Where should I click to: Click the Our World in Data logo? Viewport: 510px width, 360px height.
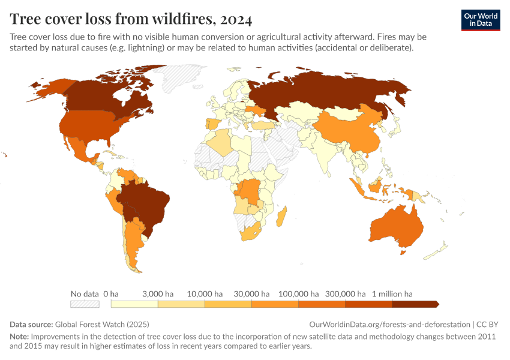tap(480, 20)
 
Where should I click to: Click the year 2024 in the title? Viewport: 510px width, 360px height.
tap(236, 19)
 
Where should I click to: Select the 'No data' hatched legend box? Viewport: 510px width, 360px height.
tap(84, 304)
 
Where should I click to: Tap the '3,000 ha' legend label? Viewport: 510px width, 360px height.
tap(158, 294)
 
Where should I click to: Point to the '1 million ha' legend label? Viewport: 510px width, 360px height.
tap(392, 294)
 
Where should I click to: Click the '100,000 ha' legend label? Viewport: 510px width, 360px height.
tap(298, 294)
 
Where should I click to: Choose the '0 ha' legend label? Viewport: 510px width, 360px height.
tap(111, 294)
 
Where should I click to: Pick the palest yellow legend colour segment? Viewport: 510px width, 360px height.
tap(134, 304)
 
